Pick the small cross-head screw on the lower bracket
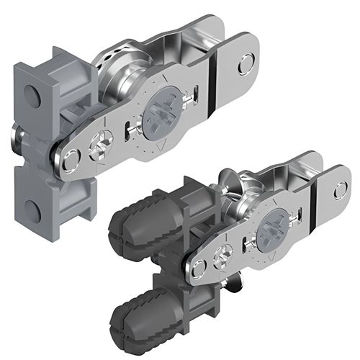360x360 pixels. [x=225, y=255]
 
